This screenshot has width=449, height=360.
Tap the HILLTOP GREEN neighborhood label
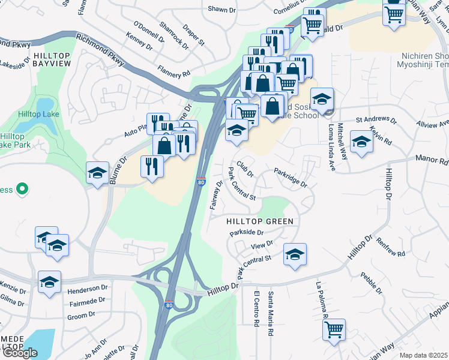[260, 221]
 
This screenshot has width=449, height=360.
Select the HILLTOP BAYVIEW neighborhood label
[52, 59]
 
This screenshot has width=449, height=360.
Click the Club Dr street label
[245, 168]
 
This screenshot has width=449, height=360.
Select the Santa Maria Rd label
[271, 313]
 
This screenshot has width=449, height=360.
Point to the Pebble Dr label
[372, 284]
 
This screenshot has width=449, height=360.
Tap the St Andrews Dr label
[376, 121]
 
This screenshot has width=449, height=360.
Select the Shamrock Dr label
[174, 34]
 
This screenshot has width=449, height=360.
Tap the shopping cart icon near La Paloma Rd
[333, 328]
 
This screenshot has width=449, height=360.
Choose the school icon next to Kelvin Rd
[361, 142]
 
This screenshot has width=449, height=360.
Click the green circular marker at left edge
[22, 190]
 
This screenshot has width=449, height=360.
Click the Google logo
[20, 353]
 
